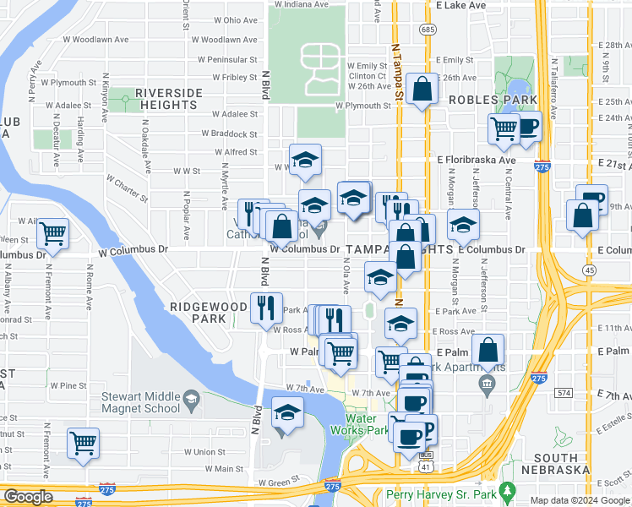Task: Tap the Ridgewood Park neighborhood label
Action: [199, 313]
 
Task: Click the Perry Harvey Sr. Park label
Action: [439, 493]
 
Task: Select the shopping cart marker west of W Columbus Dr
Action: [54, 232]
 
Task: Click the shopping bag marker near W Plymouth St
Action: [421, 88]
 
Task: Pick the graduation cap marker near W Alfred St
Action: [306, 159]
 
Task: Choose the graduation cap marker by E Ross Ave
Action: [400, 322]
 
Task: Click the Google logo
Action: [29, 498]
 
